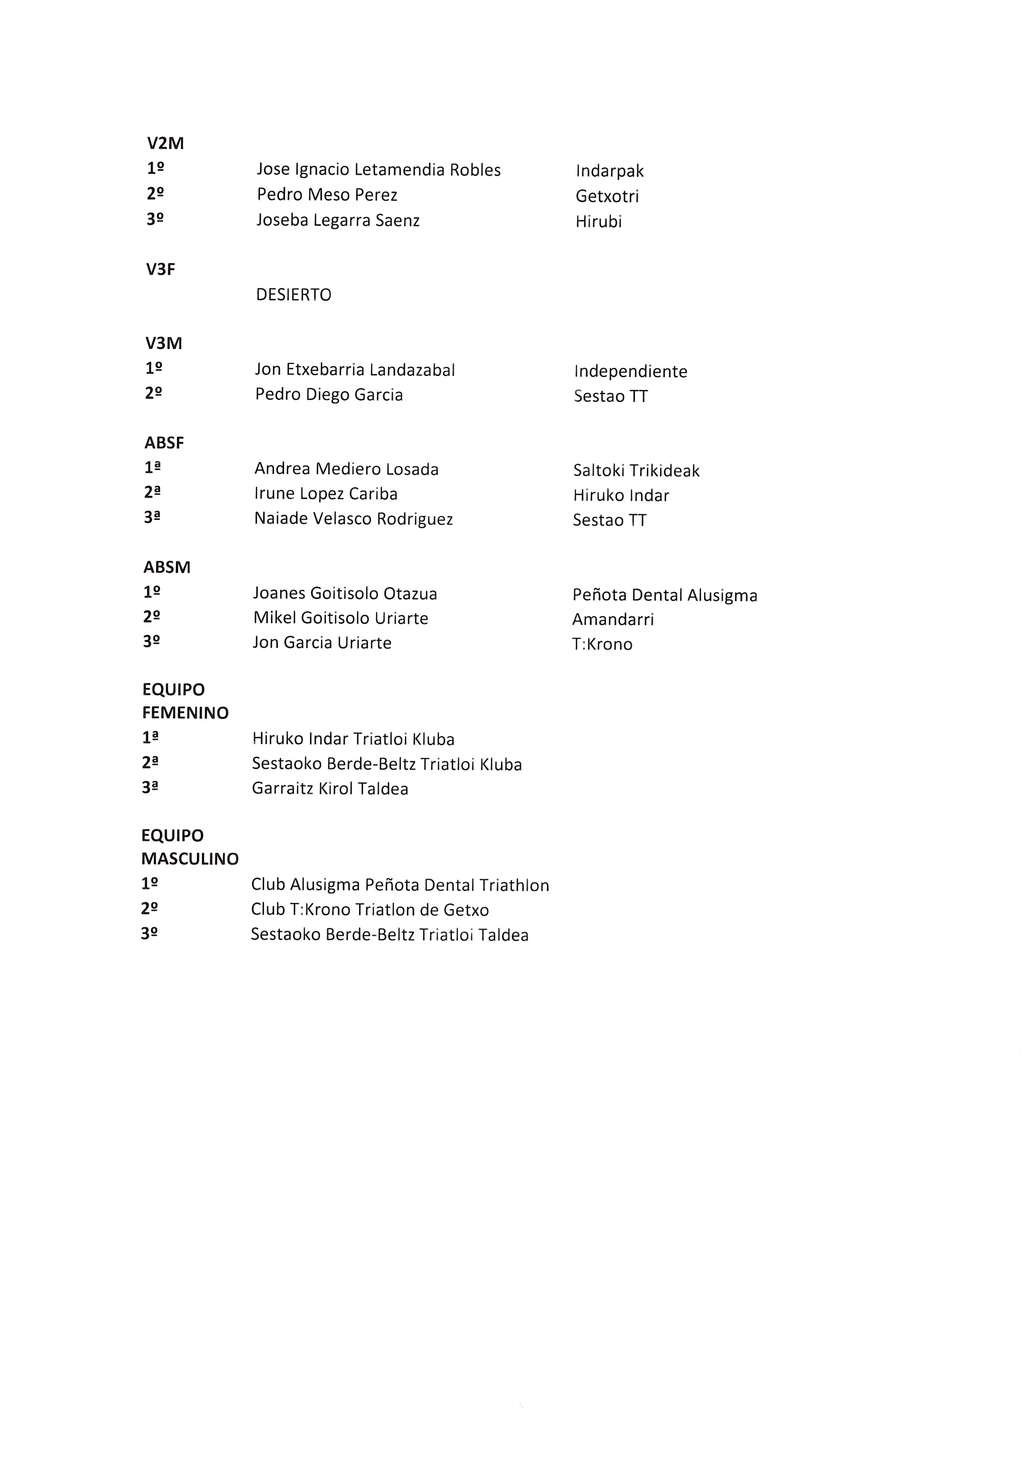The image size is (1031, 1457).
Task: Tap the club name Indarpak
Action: pos(609,171)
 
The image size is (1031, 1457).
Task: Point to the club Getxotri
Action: pos(607,196)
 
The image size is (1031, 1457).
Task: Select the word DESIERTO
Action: pos(294,294)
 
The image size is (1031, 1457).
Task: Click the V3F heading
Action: pos(160,270)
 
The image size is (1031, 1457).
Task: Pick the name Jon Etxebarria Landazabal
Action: pos(355,370)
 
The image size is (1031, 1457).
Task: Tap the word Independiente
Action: pos(630,371)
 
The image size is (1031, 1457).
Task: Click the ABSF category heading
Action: pos(164,443)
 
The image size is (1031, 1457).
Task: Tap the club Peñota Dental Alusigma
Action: pos(665,595)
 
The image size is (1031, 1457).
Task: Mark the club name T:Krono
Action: pos(602,645)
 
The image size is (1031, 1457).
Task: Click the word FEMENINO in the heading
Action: pos(185,713)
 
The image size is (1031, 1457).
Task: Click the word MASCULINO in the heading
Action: pos(190,859)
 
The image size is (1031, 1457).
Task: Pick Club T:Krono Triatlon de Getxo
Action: pos(370,910)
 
